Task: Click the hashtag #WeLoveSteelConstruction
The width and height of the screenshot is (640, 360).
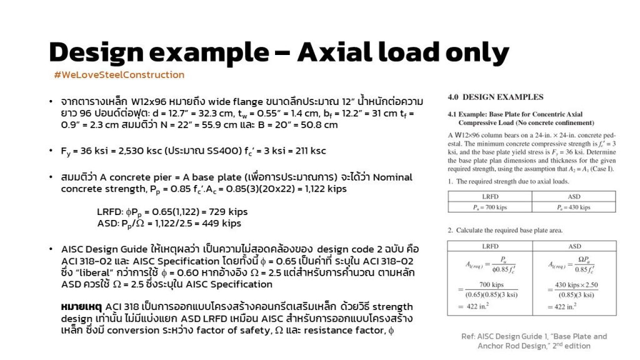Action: pos(119,75)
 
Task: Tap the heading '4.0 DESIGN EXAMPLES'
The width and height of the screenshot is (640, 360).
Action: pos(496,97)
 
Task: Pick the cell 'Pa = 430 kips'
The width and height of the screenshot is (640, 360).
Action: pos(574,207)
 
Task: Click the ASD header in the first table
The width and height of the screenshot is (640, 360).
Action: pos(574,196)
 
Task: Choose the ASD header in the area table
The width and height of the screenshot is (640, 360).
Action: pos(574,246)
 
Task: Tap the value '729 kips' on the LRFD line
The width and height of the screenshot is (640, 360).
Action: pos(224,212)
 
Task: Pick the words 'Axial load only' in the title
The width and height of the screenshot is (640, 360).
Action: pos(403,52)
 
